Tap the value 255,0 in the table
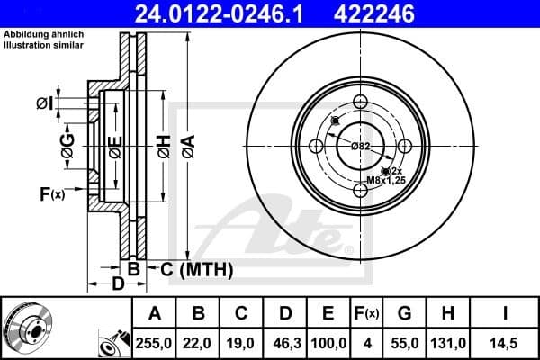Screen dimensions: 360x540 coord(155,343)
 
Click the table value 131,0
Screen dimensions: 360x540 coord(448,343)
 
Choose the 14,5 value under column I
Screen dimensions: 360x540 coord(505,343)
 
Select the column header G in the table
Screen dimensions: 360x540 coord(403,313)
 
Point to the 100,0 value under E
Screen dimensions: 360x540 coord(328,343)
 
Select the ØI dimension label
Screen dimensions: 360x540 coord(45,104)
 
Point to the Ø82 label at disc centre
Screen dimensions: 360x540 coord(361,147)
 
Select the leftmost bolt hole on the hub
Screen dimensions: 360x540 coord(316,147)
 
